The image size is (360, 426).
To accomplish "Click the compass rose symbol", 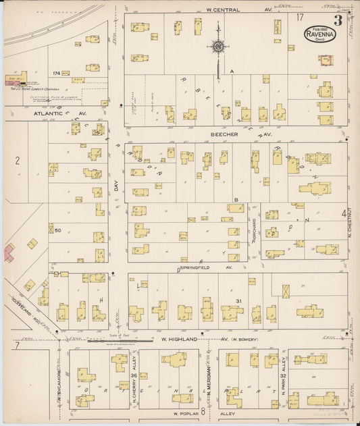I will [x=217, y=47].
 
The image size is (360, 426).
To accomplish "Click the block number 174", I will [x=57, y=73].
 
